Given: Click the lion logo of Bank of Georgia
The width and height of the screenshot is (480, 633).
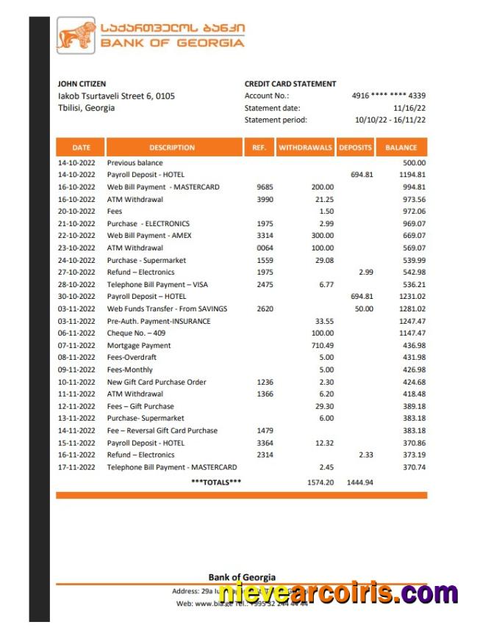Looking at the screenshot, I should [76, 37].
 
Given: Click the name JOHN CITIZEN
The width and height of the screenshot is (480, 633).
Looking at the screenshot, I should [82, 84].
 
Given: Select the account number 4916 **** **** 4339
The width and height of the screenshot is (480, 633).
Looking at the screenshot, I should [389, 95].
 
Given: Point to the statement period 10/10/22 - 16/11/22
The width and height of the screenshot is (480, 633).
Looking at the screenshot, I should [390, 120].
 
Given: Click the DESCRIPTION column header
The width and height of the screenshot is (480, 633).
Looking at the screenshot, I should [172, 148].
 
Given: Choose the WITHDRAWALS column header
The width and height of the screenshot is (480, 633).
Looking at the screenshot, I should [305, 148].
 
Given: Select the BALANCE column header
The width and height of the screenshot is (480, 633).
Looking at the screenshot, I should [401, 148].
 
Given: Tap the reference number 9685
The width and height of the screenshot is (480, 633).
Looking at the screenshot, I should [265, 187].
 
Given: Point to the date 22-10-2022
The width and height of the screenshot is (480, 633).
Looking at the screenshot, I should [76, 236].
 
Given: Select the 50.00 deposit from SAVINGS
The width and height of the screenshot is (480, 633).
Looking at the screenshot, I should [363, 309].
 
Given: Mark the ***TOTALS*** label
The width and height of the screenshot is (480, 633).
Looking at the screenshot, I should [216, 482].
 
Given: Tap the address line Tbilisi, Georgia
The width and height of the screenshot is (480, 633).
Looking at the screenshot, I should [86, 108].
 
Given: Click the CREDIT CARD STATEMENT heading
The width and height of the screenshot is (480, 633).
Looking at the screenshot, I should [290, 84].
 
